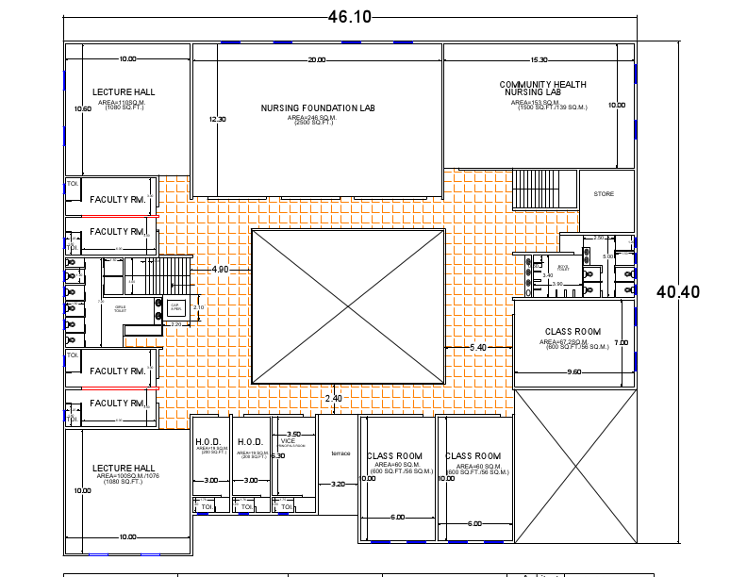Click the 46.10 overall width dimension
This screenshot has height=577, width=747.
pyautogui.click(x=349, y=16)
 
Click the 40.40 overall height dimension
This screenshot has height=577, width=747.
pyautogui.click(x=678, y=292)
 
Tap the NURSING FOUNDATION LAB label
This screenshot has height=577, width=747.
pyautogui.click(x=318, y=108)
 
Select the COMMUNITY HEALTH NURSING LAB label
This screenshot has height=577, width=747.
pyautogui.click(x=542, y=89)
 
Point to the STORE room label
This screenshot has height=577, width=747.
pyautogui.click(x=604, y=194)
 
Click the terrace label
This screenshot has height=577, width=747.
pyautogui.click(x=340, y=453)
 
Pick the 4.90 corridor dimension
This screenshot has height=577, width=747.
pyautogui.click(x=220, y=270)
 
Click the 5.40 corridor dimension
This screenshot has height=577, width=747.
pyautogui.click(x=478, y=348)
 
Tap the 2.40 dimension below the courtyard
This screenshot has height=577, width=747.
pyautogui.click(x=333, y=399)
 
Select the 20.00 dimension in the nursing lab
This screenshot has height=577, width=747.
pyautogui.click(x=317, y=60)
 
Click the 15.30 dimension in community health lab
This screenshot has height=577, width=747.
pyautogui.click(x=539, y=60)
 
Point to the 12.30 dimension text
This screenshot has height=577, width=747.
pyautogui.click(x=217, y=120)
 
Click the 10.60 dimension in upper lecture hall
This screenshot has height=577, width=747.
pyautogui.click(x=83, y=109)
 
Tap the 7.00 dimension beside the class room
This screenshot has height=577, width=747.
pyautogui.click(x=621, y=342)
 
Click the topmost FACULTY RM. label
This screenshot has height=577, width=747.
pyautogui.click(x=117, y=200)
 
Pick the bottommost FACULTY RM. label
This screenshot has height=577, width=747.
pyautogui.click(x=117, y=403)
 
